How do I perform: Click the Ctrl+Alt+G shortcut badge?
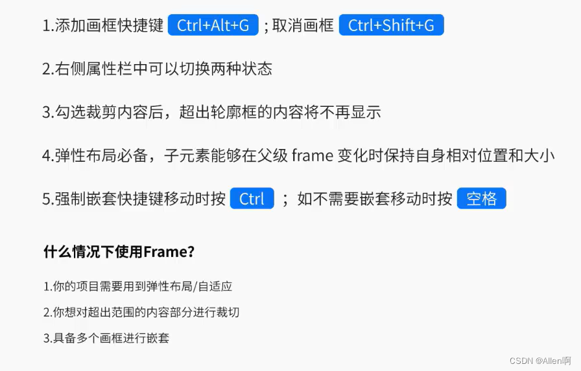tap(213, 25)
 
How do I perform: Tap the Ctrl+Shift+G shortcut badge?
tap(391, 25)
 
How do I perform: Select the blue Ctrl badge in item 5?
tap(252, 199)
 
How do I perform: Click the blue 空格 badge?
tap(481, 199)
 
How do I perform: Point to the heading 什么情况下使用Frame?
tap(119, 252)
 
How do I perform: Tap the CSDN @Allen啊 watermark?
tap(540, 361)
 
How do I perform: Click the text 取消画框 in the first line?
tap(303, 26)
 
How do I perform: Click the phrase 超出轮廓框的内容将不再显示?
tap(280, 112)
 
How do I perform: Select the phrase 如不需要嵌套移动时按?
tap(374, 199)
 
